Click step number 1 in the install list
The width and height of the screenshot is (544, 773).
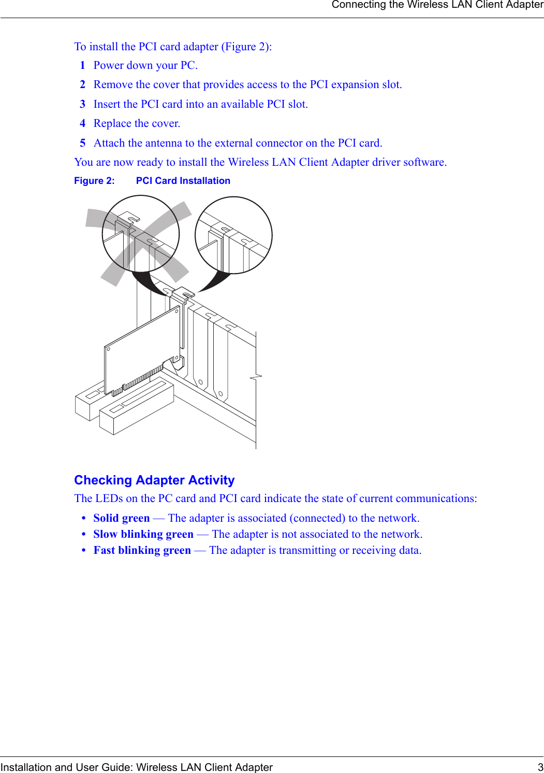coord(82,66)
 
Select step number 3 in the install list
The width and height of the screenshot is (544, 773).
coord(82,105)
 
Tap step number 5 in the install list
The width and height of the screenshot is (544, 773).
coord(82,144)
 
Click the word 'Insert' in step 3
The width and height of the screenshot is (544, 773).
coord(107,105)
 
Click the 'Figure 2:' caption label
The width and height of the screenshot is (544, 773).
coord(94,181)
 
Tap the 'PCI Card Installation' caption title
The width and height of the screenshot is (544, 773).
coord(183,181)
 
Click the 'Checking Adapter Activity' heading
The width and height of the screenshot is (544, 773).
coord(154,480)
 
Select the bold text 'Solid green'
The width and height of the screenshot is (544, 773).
coord(122,519)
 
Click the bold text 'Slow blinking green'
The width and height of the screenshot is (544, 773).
coord(143,535)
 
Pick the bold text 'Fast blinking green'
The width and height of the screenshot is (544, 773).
coord(142,551)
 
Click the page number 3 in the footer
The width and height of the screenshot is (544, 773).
coord(540,767)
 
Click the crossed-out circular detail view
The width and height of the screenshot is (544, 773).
coord(141,234)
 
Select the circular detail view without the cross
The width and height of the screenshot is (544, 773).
coord(233,235)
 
